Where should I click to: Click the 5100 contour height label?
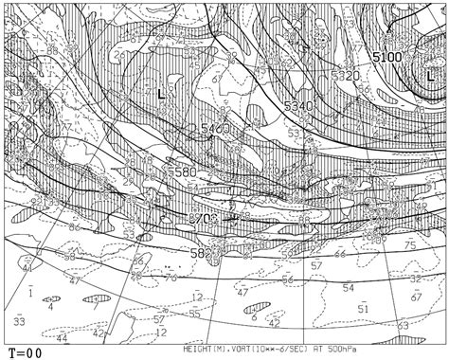click(386, 58)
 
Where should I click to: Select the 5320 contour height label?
click(346, 76)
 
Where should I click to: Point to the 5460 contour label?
click(215, 129)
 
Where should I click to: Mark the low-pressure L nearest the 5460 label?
click(161, 94)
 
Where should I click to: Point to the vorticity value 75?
click(410, 244)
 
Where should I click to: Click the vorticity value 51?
click(363, 308)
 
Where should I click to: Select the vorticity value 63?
click(403, 325)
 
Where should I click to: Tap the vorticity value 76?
click(171, 278)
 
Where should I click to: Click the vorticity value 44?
click(63, 337)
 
